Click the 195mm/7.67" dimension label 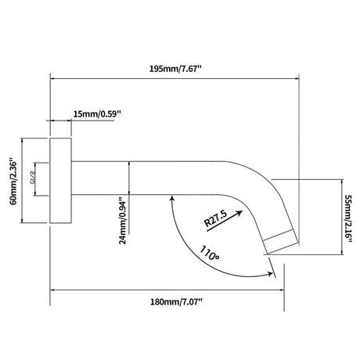click(175, 69)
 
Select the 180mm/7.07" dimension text click(176, 302)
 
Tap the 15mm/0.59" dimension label click(97, 114)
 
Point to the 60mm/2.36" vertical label click(13, 181)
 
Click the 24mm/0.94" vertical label click(123, 222)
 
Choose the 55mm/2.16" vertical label click(348, 218)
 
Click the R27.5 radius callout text click(215, 218)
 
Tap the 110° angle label click(210, 253)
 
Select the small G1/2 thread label click(33, 178)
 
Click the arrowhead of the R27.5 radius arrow click(239, 212)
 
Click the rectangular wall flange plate click(60, 181)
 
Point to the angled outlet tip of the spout click(281, 242)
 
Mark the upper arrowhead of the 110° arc click(172, 199)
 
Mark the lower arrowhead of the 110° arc click(269, 274)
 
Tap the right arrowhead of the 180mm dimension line click(280, 290)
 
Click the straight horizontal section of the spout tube click(146, 178)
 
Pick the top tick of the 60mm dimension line click(22, 139)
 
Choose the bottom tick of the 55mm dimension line click(341, 254)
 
